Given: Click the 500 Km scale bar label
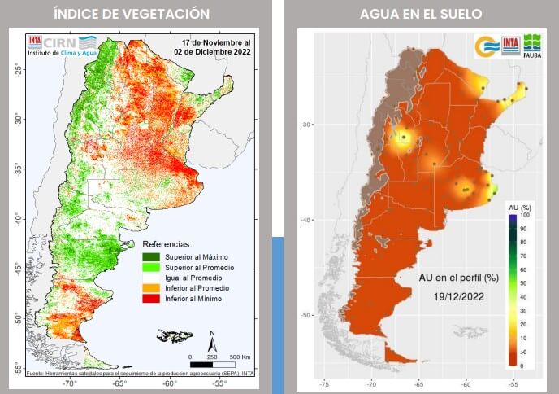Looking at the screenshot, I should (x=239, y=357).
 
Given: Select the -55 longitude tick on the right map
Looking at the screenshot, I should (x=513, y=383).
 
